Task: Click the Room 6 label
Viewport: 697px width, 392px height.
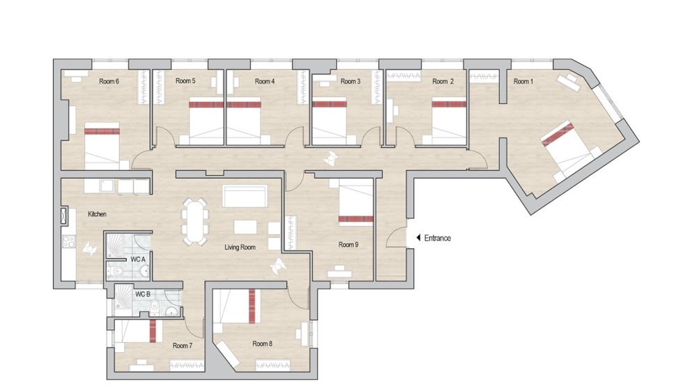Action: pyautogui.click(x=109, y=82)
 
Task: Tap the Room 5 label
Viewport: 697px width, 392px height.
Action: pyautogui.click(x=185, y=82)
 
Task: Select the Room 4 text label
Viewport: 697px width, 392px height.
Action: pyautogui.click(x=264, y=82)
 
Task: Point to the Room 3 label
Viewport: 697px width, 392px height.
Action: pyautogui.click(x=351, y=82)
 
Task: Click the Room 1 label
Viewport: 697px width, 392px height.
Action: pyautogui.click(x=523, y=82)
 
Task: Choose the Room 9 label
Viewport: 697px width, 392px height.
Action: pyautogui.click(x=348, y=245)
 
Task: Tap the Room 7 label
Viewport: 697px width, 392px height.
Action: pyautogui.click(x=183, y=345)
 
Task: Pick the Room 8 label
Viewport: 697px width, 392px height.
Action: pyautogui.click(x=262, y=343)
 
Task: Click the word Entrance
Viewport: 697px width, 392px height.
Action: pyautogui.click(x=436, y=238)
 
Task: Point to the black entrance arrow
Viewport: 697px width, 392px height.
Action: pyautogui.click(x=418, y=238)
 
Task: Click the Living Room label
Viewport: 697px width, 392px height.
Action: pyautogui.click(x=241, y=247)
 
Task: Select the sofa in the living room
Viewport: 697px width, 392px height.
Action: pyautogui.click(x=244, y=196)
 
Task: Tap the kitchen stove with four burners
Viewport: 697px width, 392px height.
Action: pyautogui.click(x=70, y=243)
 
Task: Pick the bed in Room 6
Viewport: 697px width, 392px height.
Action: pyautogui.click(x=102, y=145)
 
